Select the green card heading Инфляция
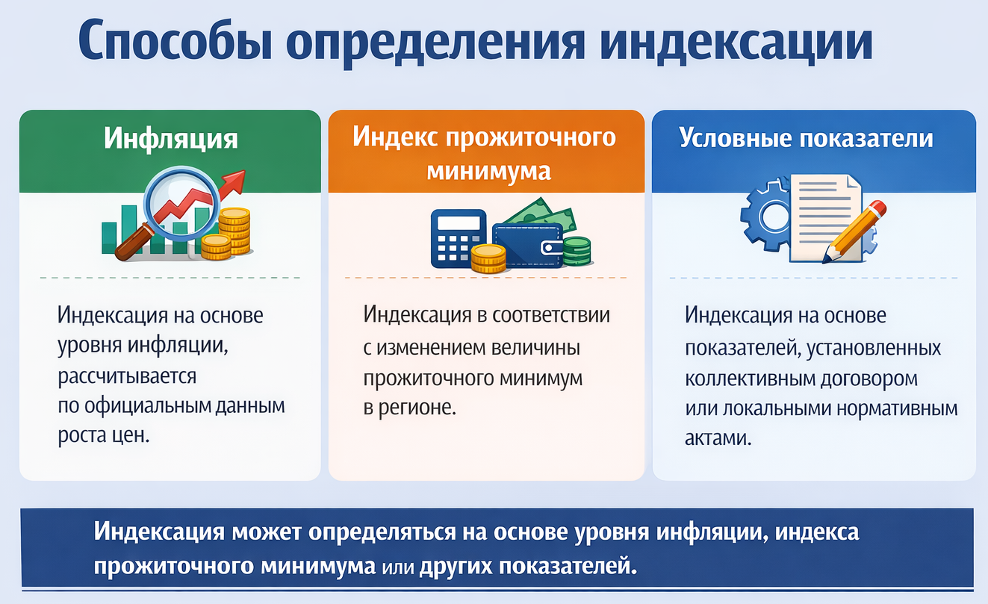coord(171,138)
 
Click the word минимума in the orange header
coord(488,172)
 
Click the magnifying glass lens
coord(181,203)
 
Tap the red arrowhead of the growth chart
coord(233,182)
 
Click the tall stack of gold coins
coord(235,230)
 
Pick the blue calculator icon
coord(459,238)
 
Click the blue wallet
coord(528,246)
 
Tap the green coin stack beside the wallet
coord(577,252)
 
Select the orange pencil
coord(854,232)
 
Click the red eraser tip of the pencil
coord(877,208)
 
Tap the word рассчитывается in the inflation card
coord(127,377)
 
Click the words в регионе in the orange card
coord(409,408)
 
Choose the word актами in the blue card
coord(718,438)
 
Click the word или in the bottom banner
coord(398,567)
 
